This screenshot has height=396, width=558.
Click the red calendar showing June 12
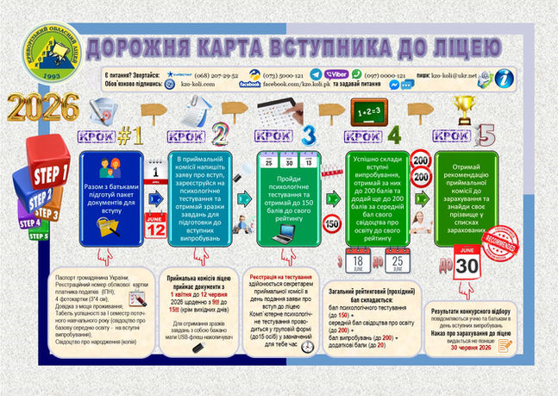click(x=156, y=227)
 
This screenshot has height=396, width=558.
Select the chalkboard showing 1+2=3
click(x=371, y=110)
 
